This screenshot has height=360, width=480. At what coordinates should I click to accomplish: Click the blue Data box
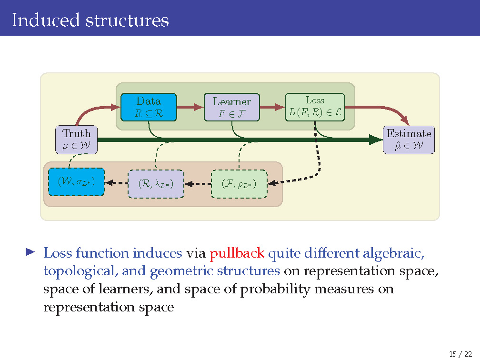click(x=148, y=107)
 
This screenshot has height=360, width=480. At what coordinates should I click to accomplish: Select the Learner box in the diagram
click(x=231, y=107)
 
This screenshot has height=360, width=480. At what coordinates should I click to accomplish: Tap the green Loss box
click(x=314, y=107)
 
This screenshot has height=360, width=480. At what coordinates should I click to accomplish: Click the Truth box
click(x=76, y=140)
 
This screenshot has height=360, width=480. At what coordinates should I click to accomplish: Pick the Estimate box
click(x=409, y=140)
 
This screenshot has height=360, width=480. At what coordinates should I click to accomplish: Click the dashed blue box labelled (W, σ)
click(x=76, y=182)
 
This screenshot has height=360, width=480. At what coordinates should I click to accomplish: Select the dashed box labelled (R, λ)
click(x=155, y=184)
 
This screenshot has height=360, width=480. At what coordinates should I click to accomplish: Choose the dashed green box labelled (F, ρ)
click(x=239, y=183)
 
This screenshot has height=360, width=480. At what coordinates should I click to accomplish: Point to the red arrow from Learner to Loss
click(x=272, y=108)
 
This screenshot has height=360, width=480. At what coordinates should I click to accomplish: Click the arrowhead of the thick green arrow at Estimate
click(x=376, y=140)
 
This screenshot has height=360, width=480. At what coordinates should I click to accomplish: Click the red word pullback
click(x=237, y=253)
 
